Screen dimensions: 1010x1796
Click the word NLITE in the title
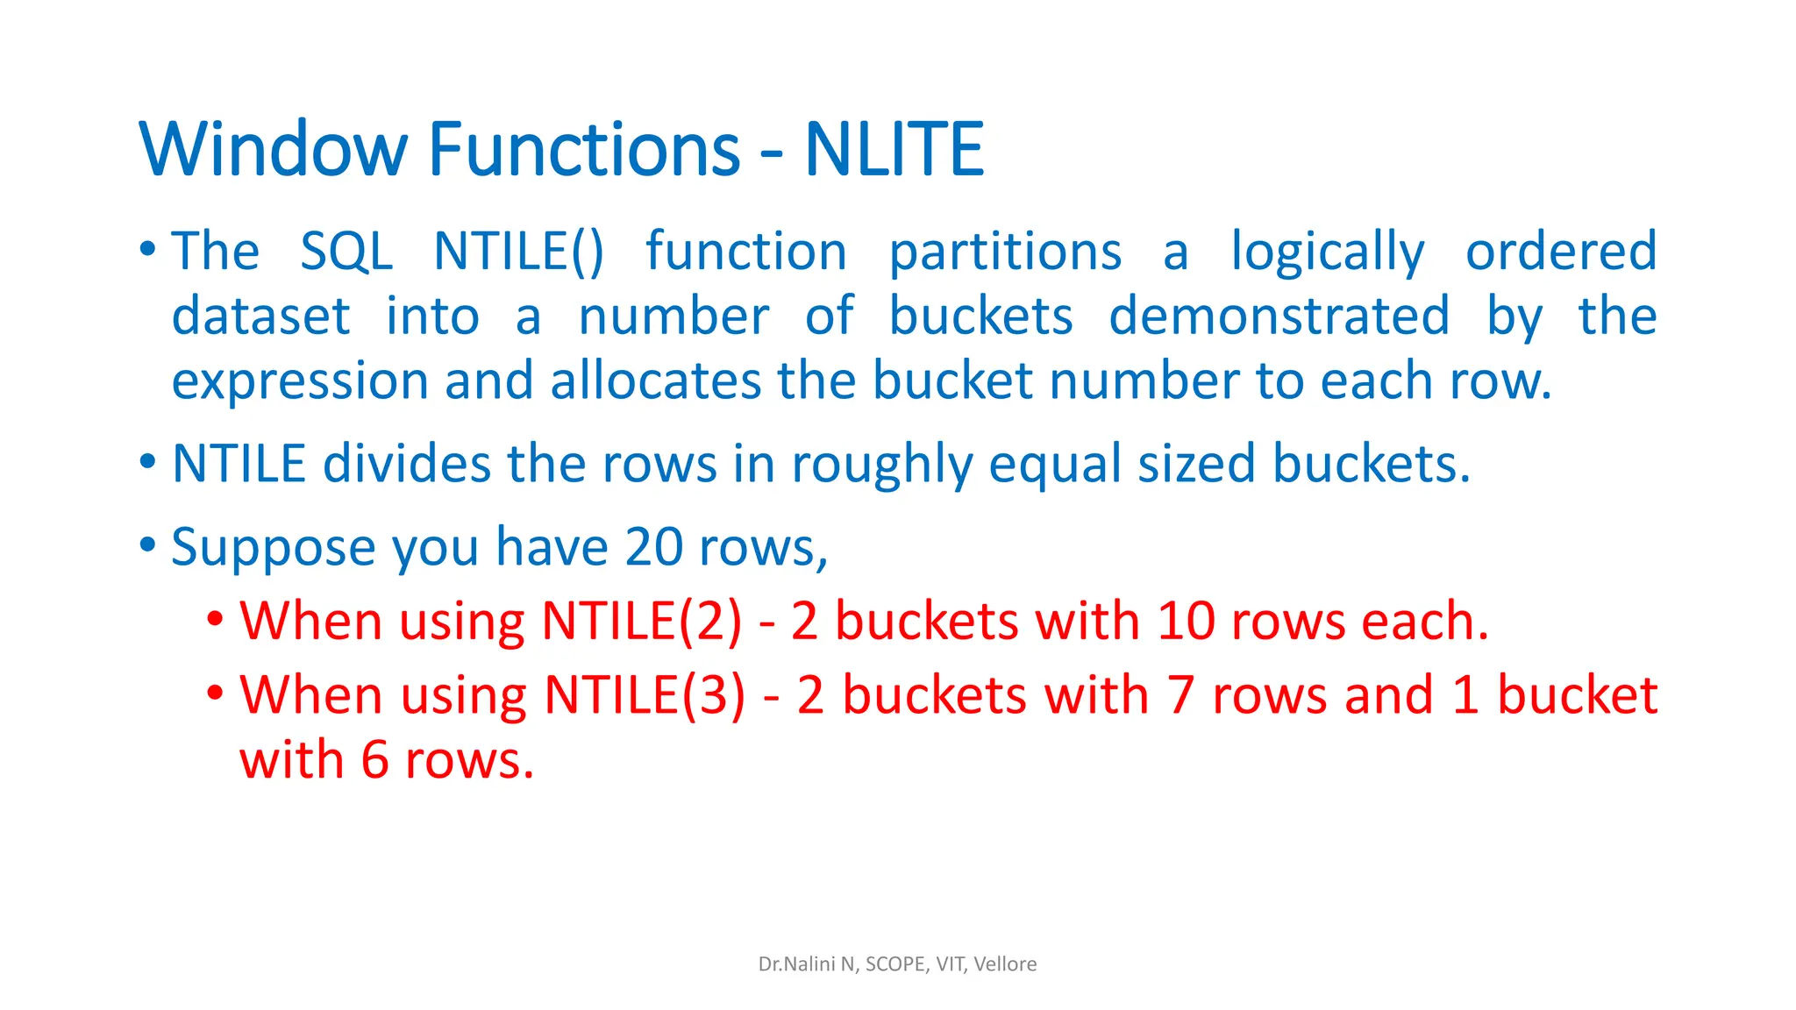(x=894, y=149)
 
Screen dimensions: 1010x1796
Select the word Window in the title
(x=273, y=149)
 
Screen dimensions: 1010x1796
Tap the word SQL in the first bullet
(x=346, y=252)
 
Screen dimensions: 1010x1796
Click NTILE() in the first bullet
(x=519, y=252)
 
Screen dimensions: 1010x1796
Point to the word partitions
(x=1005, y=252)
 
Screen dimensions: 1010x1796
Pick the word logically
(x=1328, y=252)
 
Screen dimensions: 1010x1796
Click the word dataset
(x=261, y=317)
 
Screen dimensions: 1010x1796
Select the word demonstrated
(x=1279, y=317)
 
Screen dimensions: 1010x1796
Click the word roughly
(x=882, y=464)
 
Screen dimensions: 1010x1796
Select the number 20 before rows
(x=653, y=547)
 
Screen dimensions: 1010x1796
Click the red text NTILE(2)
(x=642, y=622)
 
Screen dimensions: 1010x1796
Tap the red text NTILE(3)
(x=645, y=695)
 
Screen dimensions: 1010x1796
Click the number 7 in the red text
(x=1180, y=695)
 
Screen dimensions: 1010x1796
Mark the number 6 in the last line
(x=374, y=760)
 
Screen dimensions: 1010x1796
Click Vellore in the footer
(x=1005, y=964)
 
